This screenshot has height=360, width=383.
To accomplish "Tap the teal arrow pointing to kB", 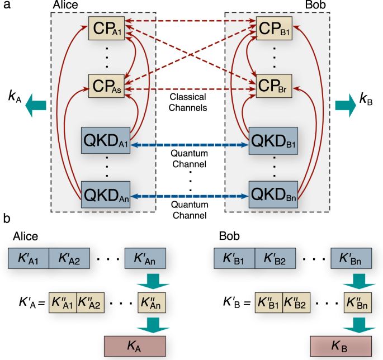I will [x=345, y=106].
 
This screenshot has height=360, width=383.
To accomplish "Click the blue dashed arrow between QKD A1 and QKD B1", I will [x=190, y=145].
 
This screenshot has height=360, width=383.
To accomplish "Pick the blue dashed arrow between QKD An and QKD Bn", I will [x=190, y=197].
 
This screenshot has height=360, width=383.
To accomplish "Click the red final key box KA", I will [x=135, y=347].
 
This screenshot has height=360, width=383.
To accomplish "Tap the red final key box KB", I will [x=341, y=347].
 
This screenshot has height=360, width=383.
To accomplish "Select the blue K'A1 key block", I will [x=29, y=258].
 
